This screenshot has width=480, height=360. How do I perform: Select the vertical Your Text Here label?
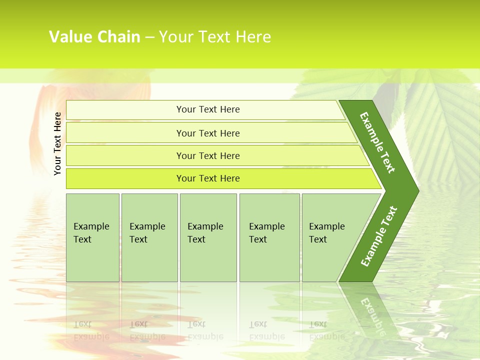[57, 143]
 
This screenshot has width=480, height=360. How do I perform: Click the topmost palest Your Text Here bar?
[208, 109]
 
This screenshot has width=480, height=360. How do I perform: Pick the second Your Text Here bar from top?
[208, 133]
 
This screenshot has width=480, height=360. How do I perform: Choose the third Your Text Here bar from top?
[208, 155]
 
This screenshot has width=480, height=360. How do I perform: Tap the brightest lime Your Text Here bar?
[208, 178]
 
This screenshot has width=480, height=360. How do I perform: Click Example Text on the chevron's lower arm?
[378, 236]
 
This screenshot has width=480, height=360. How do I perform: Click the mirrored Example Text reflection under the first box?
[91, 330]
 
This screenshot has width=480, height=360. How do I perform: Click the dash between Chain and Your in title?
[149, 37]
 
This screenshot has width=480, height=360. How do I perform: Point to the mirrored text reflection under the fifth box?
[327, 330]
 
